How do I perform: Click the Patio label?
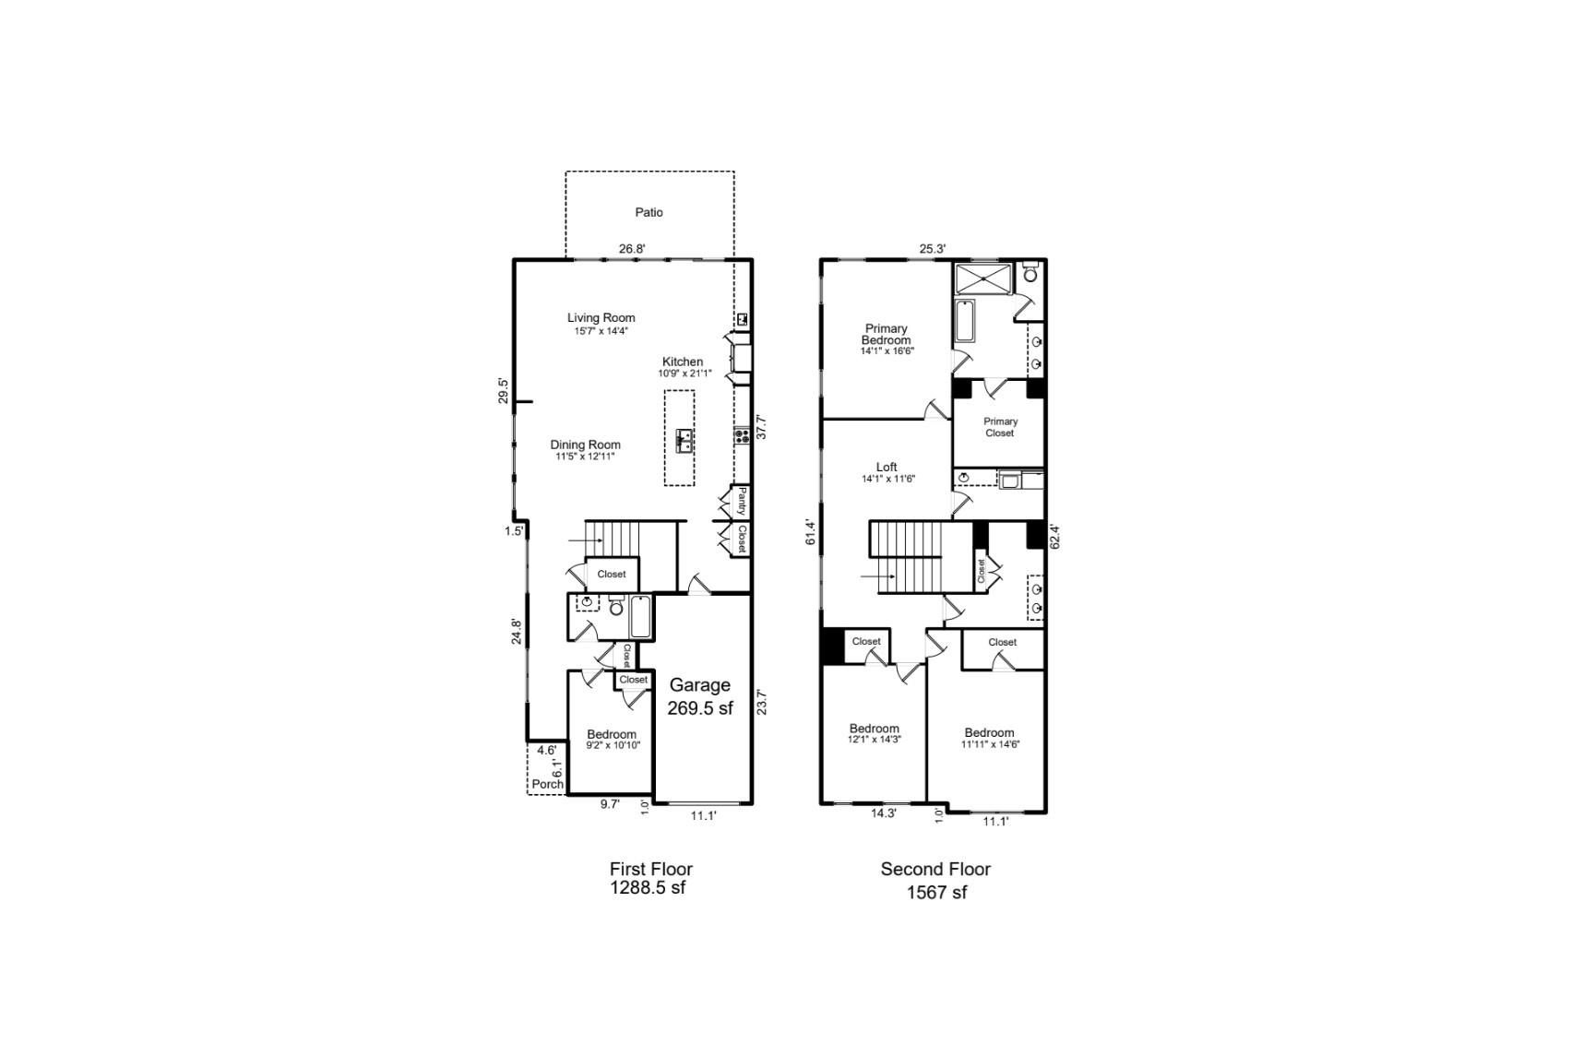(649, 212)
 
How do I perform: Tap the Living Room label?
(601, 318)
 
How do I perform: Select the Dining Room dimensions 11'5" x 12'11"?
(585, 457)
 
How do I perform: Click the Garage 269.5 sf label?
(699, 696)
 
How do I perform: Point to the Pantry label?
(741, 502)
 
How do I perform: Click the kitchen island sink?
(684, 440)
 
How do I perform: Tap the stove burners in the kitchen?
(741, 436)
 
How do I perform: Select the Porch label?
(547, 784)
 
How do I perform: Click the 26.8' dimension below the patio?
(631, 248)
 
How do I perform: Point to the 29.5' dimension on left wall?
(503, 390)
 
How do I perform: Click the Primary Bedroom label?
(886, 335)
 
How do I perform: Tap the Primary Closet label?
(999, 427)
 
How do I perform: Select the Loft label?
(887, 468)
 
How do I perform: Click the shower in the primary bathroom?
(983, 279)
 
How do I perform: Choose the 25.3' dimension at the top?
(932, 248)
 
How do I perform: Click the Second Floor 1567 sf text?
(935, 880)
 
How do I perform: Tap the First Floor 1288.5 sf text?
(649, 878)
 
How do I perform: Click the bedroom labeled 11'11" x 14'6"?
(989, 738)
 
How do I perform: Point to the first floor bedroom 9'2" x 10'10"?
(612, 740)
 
